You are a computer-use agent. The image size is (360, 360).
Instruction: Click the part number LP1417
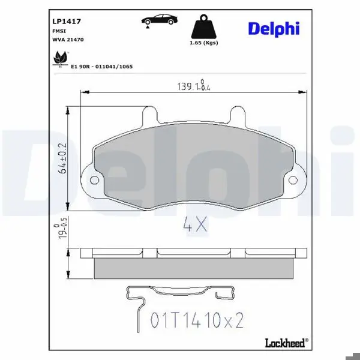67,22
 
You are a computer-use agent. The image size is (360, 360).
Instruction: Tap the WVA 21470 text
68,40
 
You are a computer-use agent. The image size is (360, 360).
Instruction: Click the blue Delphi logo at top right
274,29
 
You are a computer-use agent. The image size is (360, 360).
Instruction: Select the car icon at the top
159,20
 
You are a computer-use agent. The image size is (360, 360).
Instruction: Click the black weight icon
203,26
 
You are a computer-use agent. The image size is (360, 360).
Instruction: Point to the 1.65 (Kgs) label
203,43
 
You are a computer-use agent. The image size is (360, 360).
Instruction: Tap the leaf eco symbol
61,58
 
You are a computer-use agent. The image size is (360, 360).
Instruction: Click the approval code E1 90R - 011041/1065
102,67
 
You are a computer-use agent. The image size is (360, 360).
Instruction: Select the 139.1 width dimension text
194,85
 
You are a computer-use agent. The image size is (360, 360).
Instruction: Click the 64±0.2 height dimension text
62,158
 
